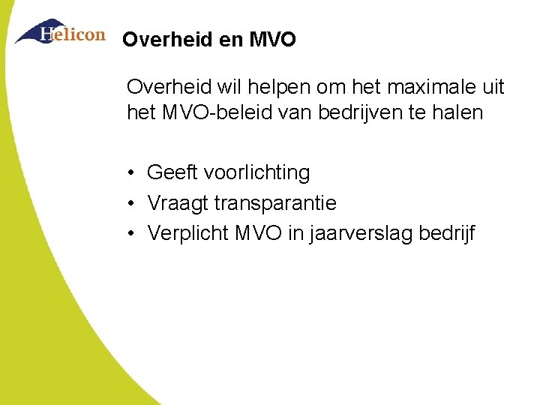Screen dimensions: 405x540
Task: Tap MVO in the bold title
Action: (271, 39)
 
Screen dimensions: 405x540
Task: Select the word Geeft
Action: (172, 172)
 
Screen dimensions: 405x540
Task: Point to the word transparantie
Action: (275, 203)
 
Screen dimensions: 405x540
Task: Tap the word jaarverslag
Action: (355, 234)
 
